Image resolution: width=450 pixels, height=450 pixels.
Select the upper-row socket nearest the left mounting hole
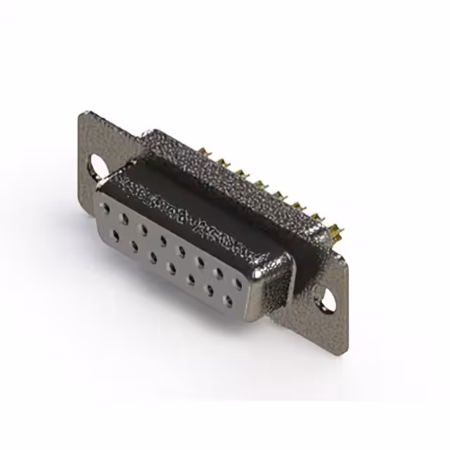tap(105, 209)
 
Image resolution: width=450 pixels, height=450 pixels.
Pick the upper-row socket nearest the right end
tap(238, 284)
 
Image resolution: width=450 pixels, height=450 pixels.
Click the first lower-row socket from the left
tap(115, 236)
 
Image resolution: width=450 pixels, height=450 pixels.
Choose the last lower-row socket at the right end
tap(227, 302)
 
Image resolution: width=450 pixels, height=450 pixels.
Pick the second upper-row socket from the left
tap(124, 219)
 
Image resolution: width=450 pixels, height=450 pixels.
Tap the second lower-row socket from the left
tap(134, 246)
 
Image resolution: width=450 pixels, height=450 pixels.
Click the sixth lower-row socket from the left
tap(209, 290)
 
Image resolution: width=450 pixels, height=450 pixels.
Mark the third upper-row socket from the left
tap(143, 230)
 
